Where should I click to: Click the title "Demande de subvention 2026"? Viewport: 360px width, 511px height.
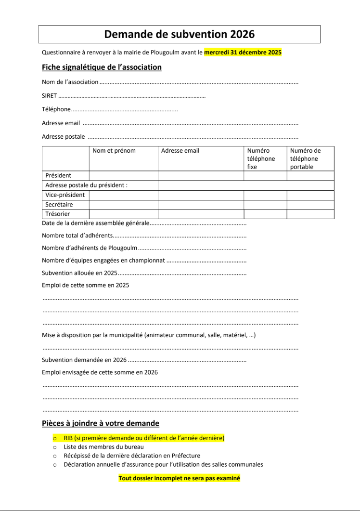(180, 34)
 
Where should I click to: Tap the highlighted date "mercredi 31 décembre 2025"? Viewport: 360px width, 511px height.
(243, 52)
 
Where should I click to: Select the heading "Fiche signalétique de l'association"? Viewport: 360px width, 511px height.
(102, 67)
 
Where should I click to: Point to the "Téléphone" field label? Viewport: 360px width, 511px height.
(56, 109)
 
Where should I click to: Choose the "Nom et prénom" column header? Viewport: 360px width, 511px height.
(114, 151)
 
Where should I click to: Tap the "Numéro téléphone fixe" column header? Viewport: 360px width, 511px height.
(261, 158)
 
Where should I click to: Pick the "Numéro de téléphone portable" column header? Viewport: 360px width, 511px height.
(305, 158)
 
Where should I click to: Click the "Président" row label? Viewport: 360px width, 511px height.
(58, 175)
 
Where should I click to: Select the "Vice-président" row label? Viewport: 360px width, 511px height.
(65, 195)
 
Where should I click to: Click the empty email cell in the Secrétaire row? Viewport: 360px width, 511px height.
(201, 205)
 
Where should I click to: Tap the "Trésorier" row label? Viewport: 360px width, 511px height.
(58, 214)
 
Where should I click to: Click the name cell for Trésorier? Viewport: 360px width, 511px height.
(124, 214)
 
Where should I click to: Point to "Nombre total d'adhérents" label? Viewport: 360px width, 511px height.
(77, 236)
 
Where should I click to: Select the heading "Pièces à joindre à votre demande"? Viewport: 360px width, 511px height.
(101, 423)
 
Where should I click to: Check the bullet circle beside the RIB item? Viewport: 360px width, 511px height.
(55, 439)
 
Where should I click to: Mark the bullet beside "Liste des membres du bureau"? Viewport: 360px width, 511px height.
(55, 447)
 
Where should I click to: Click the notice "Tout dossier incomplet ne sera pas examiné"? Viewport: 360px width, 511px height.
(179, 478)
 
